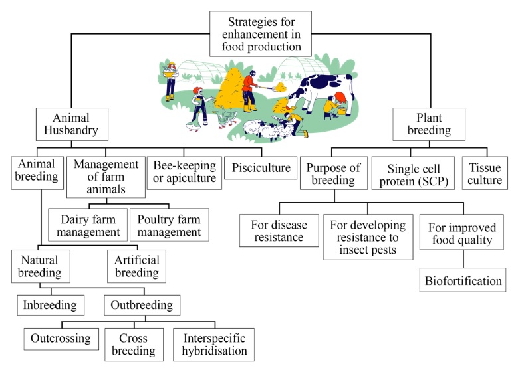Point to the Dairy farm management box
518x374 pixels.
[x=86, y=225]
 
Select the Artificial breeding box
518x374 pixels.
[x=136, y=265]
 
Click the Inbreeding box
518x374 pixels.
[x=47, y=306]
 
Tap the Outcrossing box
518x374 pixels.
[x=61, y=338]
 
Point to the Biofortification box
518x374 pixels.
[x=463, y=280]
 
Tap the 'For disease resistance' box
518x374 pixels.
[x=277, y=229]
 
